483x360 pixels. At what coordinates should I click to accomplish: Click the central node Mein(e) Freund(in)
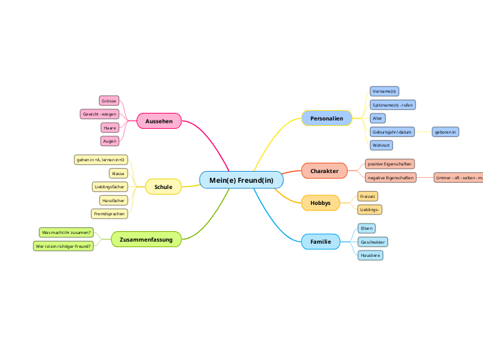pyautogui.click(x=241, y=180)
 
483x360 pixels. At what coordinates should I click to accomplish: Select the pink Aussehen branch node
pyautogui.click(x=159, y=121)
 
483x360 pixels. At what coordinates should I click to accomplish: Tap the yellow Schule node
pyautogui.click(x=163, y=187)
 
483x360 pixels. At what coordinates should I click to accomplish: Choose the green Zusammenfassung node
pyautogui.click(x=146, y=240)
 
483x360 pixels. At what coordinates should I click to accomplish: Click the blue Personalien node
pyautogui.click(x=326, y=118)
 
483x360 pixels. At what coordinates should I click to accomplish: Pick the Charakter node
pyautogui.click(x=324, y=170)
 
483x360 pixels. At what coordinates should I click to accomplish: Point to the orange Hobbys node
pyautogui.click(x=320, y=203)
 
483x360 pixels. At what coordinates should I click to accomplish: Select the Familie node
pyautogui.click(x=320, y=242)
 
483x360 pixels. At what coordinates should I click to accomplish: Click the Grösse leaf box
pyautogui.click(x=109, y=100)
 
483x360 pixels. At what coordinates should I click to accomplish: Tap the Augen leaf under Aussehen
pyautogui.click(x=109, y=141)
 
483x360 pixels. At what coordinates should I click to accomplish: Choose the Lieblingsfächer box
pyautogui.click(x=109, y=187)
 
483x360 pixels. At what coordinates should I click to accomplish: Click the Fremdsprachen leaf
pyautogui.click(x=108, y=214)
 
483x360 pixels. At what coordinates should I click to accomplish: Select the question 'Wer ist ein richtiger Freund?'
pyautogui.click(x=63, y=246)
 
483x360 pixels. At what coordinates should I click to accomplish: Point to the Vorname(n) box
pyautogui.click(x=384, y=91)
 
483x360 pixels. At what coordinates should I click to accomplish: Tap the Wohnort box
pyautogui.click(x=380, y=145)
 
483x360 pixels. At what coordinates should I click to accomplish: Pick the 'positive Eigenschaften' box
pyautogui.click(x=389, y=164)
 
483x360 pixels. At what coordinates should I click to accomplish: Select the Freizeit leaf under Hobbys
pyautogui.click(x=367, y=197)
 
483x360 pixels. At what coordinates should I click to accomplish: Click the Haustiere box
pyautogui.click(x=370, y=255)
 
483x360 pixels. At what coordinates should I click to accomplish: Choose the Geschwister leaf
pyautogui.click(x=372, y=242)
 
